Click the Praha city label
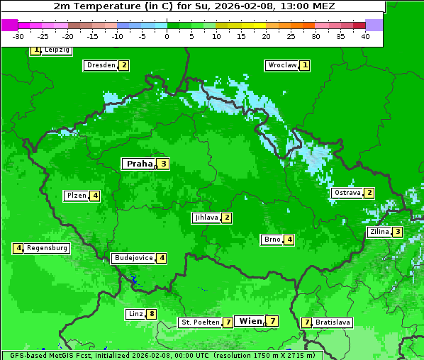tap(140, 164)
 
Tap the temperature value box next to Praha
tap(163, 164)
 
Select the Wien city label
tap(251, 321)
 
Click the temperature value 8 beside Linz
tap(151, 314)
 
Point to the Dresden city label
tap(101, 65)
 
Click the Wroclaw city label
tap(281, 65)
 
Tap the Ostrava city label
tap(347, 193)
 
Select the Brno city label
tap(272, 240)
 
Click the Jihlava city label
tap(206, 218)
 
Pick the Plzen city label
tap(76, 196)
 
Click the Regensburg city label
tap(47, 248)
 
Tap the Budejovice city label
tap(133, 258)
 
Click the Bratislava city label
tap(333, 322)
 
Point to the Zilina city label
tap(379, 232)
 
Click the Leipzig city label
tap(57, 50)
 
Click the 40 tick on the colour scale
tap(365, 36)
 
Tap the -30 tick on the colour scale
tap(18, 36)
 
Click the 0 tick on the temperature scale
tap(167, 36)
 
